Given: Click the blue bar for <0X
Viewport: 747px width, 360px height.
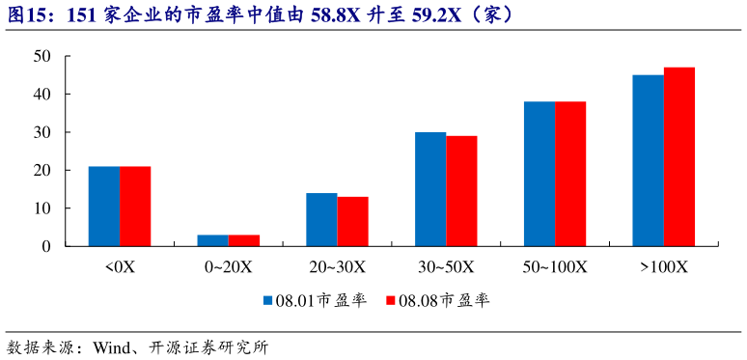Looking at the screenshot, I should click(x=104, y=207).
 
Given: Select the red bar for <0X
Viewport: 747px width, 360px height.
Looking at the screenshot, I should click(x=135, y=207).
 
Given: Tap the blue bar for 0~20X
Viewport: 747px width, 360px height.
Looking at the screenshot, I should click(x=213, y=240).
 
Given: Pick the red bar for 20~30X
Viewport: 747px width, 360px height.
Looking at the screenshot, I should click(x=353, y=222).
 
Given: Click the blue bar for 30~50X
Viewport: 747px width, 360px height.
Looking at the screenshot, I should click(x=430, y=189).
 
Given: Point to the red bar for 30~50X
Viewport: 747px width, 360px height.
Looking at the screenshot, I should click(x=461, y=191).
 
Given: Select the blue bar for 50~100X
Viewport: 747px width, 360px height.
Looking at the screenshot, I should click(x=539, y=174).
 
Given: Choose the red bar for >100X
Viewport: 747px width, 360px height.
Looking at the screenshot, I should click(x=679, y=156).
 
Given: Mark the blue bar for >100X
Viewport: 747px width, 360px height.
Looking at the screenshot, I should click(x=649, y=160).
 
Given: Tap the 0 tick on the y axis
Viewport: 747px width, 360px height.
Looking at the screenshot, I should click(x=45, y=246).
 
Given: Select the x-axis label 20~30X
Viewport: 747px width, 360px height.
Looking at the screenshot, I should click(x=338, y=266).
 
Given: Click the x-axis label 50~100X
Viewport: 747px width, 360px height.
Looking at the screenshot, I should click(x=555, y=266).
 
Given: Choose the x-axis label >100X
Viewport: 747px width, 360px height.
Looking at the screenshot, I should click(x=664, y=266).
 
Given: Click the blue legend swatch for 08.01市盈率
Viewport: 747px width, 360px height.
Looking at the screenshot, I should click(x=269, y=301).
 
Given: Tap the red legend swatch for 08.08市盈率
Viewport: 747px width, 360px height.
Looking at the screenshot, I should click(x=392, y=301).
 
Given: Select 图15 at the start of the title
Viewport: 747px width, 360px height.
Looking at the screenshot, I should click(x=25, y=15).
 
